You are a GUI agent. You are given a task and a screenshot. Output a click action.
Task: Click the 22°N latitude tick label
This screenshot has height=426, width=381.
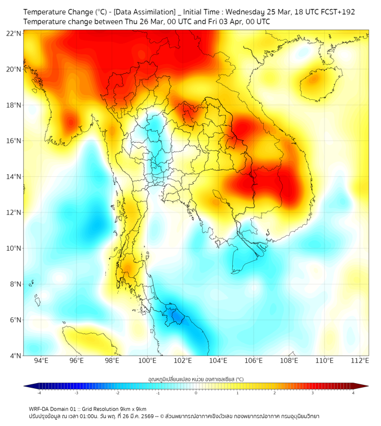click(x=14, y=33)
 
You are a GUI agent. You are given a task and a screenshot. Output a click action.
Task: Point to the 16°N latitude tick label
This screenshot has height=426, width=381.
click(x=14, y=141)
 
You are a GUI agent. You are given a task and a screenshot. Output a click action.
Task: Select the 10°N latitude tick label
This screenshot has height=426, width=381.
click(x=14, y=248)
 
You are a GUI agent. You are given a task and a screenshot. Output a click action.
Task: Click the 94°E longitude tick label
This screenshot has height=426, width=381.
click(x=41, y=361)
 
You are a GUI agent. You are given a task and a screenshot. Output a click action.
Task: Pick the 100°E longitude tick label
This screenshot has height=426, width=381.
click(x=147, y=361)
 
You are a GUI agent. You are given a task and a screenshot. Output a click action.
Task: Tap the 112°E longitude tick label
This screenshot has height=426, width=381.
click(x=360, y=361)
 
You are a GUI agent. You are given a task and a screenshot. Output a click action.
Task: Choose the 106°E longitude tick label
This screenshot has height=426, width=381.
click(x=254, y=361)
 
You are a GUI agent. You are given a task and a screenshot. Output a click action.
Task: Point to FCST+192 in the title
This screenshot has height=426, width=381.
click(x=336, y=12)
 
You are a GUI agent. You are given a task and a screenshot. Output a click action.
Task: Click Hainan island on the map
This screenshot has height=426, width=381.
click(x=312, y=79)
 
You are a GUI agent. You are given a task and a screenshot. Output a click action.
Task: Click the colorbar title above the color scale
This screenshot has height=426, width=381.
click(x=196, y=379)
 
